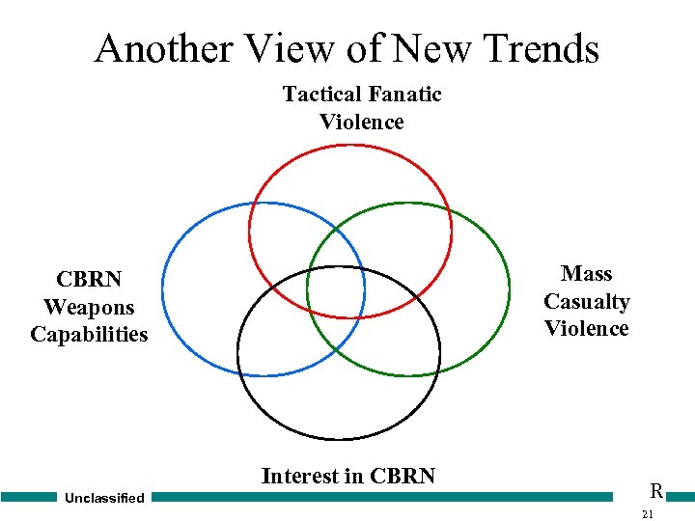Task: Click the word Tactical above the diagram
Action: click(x=320, y=94)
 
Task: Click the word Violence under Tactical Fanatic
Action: click(x=362, y=122)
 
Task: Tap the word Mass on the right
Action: click(x=587, y=274)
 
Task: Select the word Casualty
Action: click(x=587, y=301)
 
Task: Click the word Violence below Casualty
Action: click(x=587, y=328)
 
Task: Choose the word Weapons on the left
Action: click(x=89, y=307)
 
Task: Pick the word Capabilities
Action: click(x=89, y=334)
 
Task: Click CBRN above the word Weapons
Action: click(x=89, y=280)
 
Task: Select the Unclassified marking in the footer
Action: click(x=104, y=498)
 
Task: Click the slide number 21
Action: click(x=648, y=513)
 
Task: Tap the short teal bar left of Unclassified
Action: click(x=29, y=497)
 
